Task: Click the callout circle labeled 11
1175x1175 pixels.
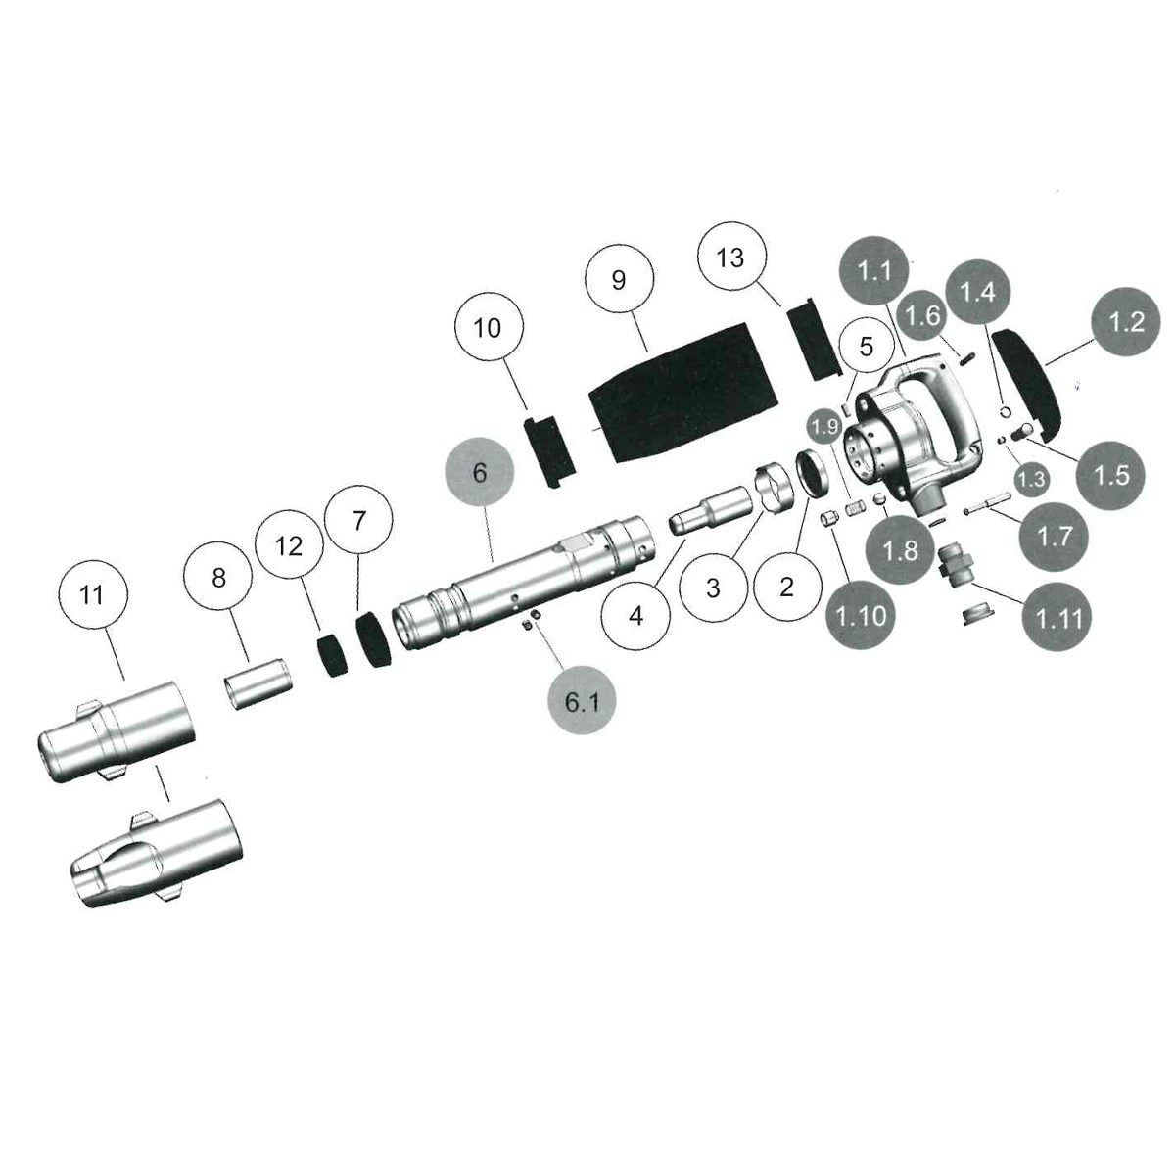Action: coord(91,595)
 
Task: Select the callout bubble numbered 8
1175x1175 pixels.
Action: coord(218,578)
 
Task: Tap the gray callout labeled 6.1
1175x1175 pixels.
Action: coord(582,701)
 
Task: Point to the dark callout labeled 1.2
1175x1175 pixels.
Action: coord(1126,321)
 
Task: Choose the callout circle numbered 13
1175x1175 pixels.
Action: coord(730,258)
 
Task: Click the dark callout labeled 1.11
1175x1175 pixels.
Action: coord(1058,618)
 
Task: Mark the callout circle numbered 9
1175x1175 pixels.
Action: coord(618,280)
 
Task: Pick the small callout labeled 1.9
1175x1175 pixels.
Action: coord(824,427)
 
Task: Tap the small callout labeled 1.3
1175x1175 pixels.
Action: coord(1031,479)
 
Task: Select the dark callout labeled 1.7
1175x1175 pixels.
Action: coord(1054,537)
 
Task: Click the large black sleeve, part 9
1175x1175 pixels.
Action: coord(681,392)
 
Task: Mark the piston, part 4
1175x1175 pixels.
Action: coord(707,508)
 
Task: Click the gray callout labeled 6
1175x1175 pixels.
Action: coord(479,473)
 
